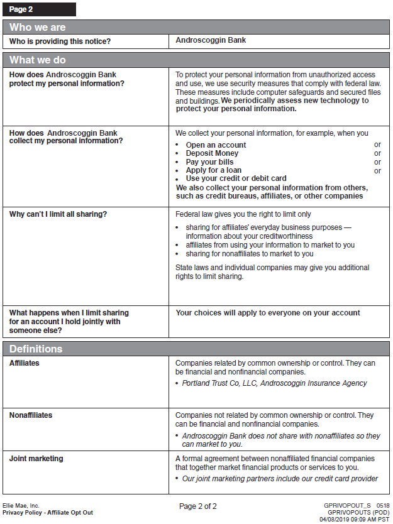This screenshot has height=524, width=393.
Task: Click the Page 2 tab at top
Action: coord(39,9)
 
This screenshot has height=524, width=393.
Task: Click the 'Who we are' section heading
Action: coord(38,28)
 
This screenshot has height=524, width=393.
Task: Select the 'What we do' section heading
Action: coord(38,60)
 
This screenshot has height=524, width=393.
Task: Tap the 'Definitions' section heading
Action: coord(36,349)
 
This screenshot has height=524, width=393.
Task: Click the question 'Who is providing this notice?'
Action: coord(60,41)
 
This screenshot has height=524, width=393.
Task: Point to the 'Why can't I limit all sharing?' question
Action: coord(58,214)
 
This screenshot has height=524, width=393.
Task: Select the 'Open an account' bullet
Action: coord(216,145)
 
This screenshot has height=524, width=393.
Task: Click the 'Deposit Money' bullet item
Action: coord(212,153)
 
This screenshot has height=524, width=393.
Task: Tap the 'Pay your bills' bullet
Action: coord(209,162)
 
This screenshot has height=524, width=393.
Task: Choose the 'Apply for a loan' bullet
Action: coord(213,170)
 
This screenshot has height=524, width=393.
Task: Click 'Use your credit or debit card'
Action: coord(236,178)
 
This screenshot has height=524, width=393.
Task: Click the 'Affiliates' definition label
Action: coord(25,363)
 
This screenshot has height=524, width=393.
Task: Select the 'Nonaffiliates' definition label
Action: coord(31,415)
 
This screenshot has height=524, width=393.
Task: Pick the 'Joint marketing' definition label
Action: coord(36,459)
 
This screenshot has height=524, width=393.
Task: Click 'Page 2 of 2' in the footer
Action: coord(198,506)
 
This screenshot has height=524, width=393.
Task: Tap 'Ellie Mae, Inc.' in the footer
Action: coord(21,505)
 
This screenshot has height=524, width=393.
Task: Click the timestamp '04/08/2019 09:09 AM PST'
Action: coord(355,520)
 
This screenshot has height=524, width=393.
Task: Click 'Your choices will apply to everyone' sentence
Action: coord(268,313)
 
